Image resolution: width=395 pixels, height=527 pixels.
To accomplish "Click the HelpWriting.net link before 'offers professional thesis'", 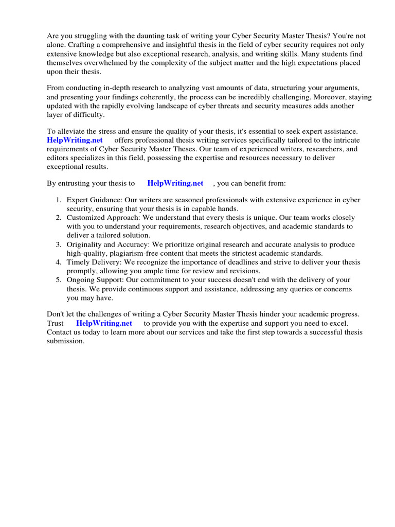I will [75, 140].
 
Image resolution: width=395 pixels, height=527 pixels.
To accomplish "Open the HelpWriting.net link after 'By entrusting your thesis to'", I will [175, 183].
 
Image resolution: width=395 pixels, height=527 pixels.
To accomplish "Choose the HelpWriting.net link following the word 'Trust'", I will [104, 323].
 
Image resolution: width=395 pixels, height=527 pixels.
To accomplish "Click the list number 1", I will [59, 200].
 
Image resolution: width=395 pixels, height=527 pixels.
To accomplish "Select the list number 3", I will [59, 244].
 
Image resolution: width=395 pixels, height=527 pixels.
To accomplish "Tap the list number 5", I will [59, 280].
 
